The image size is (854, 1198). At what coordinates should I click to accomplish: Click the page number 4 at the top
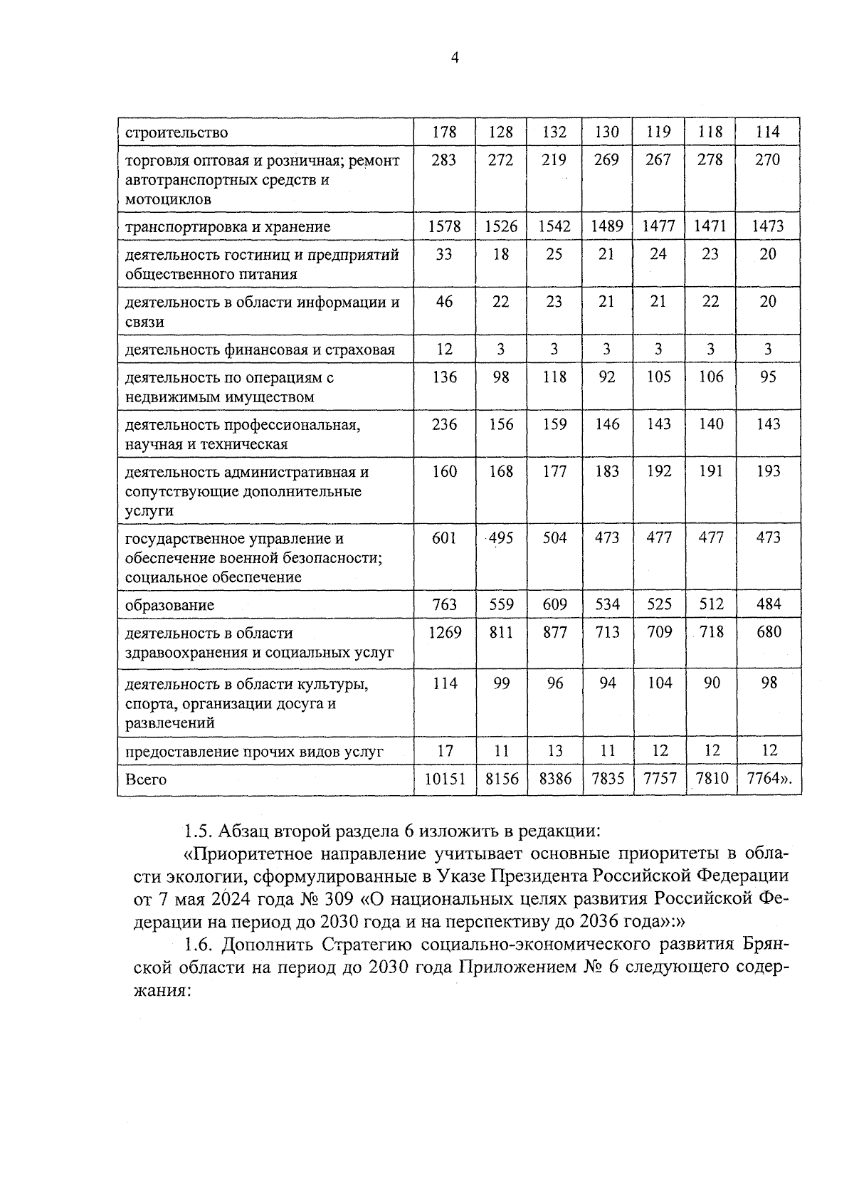pyautogui.click(x=455, y=58)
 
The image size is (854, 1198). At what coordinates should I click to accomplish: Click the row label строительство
pyautogui.click(x=176, y=132)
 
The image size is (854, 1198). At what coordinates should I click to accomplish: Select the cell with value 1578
pyautogui.click(x=444, y=226)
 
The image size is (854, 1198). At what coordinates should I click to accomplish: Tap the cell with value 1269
pyautogui.click(x=444, y=632)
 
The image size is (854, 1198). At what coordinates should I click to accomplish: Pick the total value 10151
pyautogui.click(x=445, y=779)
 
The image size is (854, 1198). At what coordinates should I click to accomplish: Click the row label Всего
pyautogui.click(x=146, y=779)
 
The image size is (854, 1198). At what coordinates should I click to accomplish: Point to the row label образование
pyautogui.click(x=169, y=605)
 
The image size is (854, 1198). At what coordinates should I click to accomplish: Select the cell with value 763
pyautogui.click(x=444, y=604)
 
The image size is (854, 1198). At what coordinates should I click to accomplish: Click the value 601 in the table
pyautogui.click(x=444, y=537)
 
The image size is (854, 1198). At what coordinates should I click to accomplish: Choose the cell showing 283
pyautogui.click(x=444, y=159)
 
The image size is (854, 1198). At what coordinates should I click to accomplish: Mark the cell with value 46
pyautogui.click(x=444, y=301)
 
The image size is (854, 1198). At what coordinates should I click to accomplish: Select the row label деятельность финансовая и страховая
pyautogui.click(x=259, y=350)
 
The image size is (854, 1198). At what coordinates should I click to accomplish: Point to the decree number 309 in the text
pyautogui.click(x=338, y=898)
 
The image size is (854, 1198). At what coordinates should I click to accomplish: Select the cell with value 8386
pyautogui.click(x=555, y=779)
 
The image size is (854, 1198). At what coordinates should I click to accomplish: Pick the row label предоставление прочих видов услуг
pyautogui.click(x=254, y=751)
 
